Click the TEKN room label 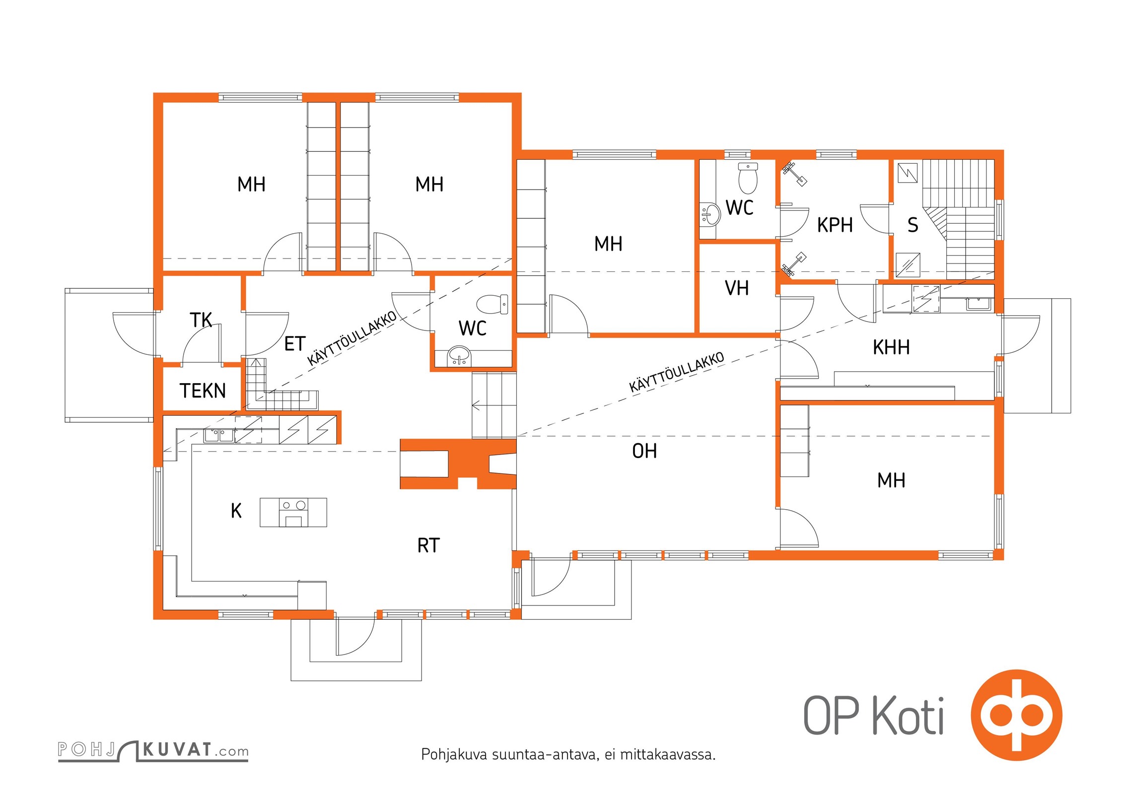coord(203,391)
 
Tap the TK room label coord(201,320)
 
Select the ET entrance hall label coord(294,343)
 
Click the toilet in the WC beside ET coord(492,304)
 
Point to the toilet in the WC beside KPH coord(748,178)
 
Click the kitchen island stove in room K coord(293,512)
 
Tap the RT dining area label coord(428,546)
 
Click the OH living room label coord(644,451)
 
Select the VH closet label coord(737,288)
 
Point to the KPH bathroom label coord(835,225)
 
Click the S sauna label coord(913,225)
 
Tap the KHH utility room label coord(891,347)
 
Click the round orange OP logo coord(1016,715)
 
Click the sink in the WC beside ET coord(460,356)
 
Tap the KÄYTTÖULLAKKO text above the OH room coord(677,372)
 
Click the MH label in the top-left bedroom coord(251,185)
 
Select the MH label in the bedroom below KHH coord(891,480)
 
